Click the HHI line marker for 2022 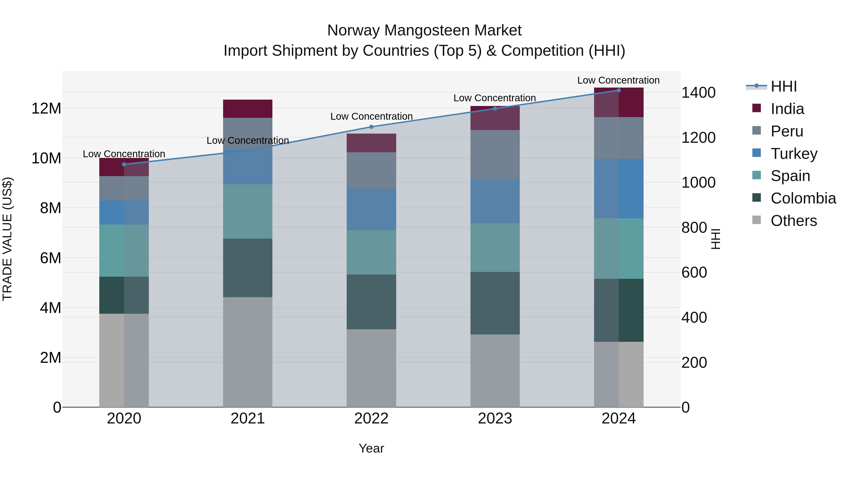[371, 127]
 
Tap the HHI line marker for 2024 [618, 90]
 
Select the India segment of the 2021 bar [248, 109]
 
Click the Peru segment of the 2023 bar [495, 154]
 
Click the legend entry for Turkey [794, 154]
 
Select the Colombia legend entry [803, 198]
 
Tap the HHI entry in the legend [783, 86]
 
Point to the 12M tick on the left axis [46, 109]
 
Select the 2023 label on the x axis [495, 419]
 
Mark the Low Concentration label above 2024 [618, 80]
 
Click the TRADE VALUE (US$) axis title [7, 239]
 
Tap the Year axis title [371, 448]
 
